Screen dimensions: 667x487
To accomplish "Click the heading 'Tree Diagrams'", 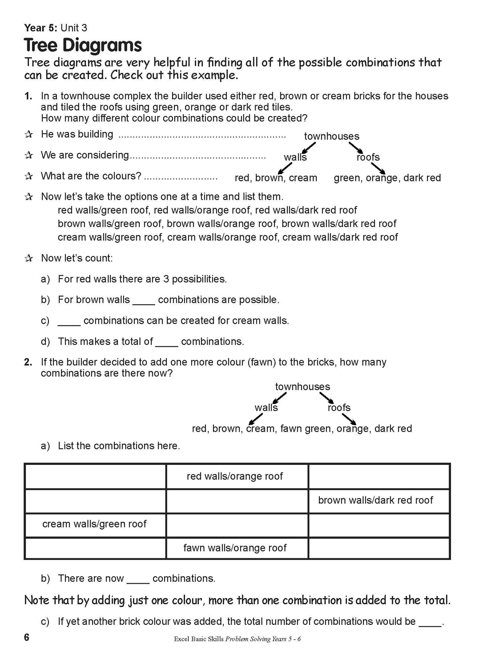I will pyautogui.click(x=83, y=45).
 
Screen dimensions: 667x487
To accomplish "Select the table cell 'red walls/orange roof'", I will pyautogui.click(x=235, y=476).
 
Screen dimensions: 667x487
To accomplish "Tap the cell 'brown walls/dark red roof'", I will pyautogui.click(x=375, y=500).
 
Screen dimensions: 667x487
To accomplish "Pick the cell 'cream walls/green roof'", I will pyautogui.click(x=94, y=524).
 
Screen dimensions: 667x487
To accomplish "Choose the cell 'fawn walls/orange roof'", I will pyautogui.click(x=235, y=548).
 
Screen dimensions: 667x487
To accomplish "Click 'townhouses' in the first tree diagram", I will pyautogui.click(x=332, y=136).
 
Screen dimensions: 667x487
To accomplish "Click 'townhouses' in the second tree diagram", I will pyautogui.click(x=303, y=387).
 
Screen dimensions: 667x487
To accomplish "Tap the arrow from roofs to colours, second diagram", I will pyautogui.click(x=349, y=418).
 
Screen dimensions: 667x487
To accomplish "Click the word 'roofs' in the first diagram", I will pyautogui.click(x=368, y=157).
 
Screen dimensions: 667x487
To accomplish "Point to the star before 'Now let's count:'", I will pyautogui.click(x=29, y=258).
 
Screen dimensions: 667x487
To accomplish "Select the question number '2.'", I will pyautogui.click(x=28, y=362).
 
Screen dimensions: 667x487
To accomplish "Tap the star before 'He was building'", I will pyautogui.click(x=29, y=134).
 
